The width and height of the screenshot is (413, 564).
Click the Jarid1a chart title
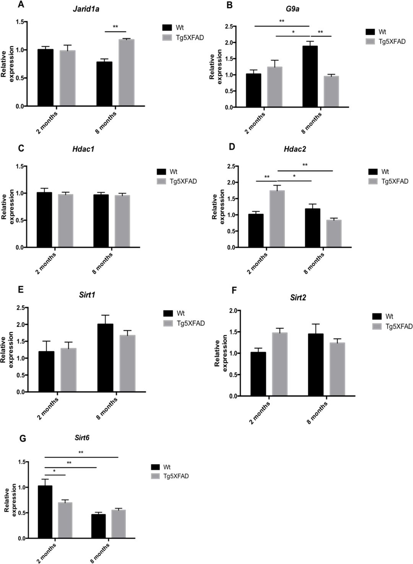(x=86, y=9)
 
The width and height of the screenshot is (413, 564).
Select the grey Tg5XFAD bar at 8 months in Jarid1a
(x=126, y=73)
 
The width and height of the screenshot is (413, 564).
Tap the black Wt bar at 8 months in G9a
(x=310, y=76)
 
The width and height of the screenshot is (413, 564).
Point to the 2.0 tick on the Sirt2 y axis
(x=233, y=310)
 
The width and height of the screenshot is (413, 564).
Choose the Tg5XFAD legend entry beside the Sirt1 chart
(x=190, y=323)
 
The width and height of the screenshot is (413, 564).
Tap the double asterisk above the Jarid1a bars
(x=115, y=27)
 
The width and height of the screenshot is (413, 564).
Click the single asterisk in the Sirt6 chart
(x=55, y=471)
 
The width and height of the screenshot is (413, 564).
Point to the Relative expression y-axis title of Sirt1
(x=7, y=350)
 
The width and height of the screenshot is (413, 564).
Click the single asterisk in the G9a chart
(x=293, y=32)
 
